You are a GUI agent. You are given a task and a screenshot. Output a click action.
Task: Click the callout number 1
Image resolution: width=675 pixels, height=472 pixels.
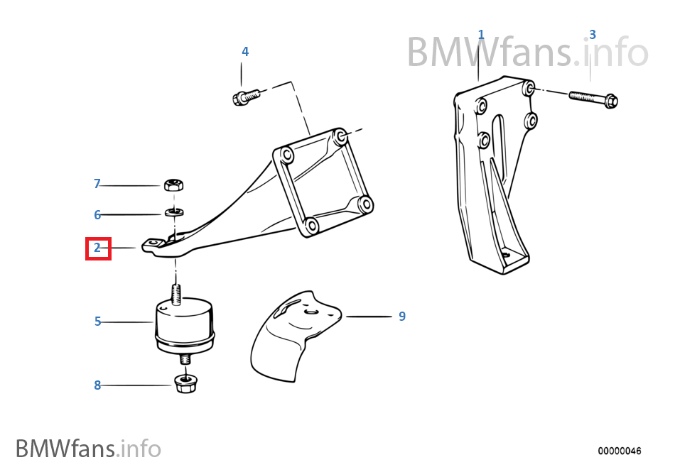click(481, 34)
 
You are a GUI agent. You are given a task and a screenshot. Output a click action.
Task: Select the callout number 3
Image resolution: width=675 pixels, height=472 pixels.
click(593, 34)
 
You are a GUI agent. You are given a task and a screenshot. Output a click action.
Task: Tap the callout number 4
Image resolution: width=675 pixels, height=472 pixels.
click(245, 51)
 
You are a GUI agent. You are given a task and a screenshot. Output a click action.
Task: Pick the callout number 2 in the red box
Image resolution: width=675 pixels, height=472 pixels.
click(97, 248)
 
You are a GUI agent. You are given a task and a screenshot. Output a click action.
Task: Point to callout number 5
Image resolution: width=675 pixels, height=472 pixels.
click(98, 322)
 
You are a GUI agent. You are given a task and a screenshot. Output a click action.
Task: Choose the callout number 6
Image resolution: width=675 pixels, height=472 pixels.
click(97, 214)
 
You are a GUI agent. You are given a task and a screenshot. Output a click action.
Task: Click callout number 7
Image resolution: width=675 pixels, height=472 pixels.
click(97, 184)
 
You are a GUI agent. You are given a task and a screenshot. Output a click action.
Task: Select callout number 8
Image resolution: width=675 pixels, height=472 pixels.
click(97, 385)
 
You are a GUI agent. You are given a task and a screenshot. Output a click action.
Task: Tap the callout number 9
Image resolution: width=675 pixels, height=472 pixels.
click(402, 316)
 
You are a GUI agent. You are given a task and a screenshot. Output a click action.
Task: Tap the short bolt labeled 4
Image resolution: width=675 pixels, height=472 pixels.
click(243, 96)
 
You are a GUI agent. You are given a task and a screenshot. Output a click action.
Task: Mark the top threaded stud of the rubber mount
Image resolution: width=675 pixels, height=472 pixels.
click(175, 292)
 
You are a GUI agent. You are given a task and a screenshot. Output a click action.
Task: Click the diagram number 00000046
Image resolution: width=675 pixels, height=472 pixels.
click(619, 451)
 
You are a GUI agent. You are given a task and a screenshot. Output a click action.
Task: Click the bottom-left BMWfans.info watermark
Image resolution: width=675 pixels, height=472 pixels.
click(88, 449)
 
